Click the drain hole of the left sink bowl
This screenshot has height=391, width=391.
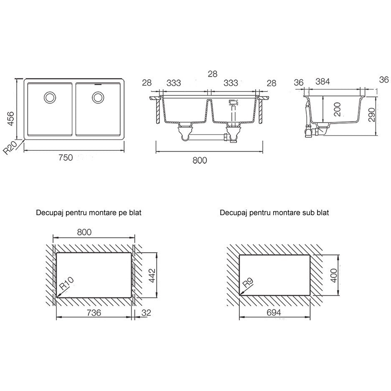(x=50, y=97)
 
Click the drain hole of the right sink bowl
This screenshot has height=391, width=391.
(x=98, y=97)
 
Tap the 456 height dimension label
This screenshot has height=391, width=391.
(x=10, y=119)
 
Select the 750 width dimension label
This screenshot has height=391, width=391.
(x=66, y=157)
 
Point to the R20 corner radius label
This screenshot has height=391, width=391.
(x=10, y=147)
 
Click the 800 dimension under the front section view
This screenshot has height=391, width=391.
(x=200, y=160)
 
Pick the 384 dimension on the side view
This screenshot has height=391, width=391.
(x=322, y=81)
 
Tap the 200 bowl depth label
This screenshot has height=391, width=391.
(x=337, y=109)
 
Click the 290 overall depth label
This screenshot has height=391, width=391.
(x=371, y=115)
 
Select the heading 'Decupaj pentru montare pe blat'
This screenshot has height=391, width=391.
(x=89, y=213)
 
